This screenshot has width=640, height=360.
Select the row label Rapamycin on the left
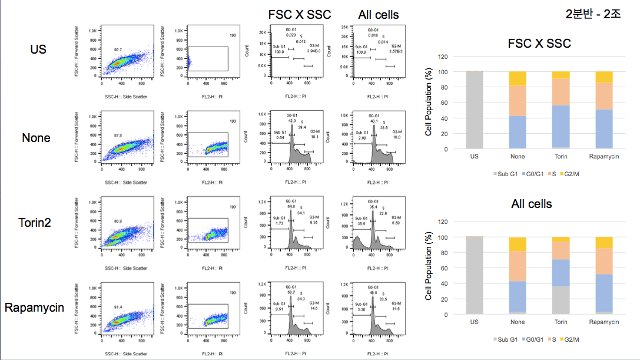[34, 308]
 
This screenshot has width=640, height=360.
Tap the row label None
[36, 138]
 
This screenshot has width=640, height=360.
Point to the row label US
[38, 49]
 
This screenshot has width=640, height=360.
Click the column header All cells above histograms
[378, 14]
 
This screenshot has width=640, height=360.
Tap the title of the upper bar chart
[539, 43]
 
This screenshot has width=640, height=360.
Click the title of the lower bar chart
[531, 204]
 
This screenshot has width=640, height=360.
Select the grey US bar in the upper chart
[474, 110]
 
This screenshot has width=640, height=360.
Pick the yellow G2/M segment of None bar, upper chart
[518, 78]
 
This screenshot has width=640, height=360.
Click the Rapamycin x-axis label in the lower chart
[603, 322]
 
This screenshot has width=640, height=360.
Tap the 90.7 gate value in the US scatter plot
[118, 49]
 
